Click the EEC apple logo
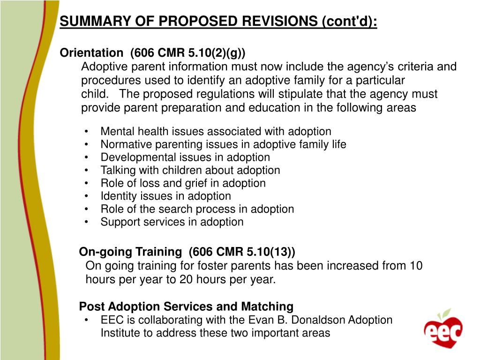(443, 328)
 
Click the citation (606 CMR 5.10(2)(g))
(187, 53)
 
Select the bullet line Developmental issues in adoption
(185, 157)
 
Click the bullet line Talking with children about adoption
(190, 170)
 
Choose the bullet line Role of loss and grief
(183, 183)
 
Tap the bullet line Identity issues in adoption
(165, 196)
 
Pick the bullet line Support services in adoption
(172, 222)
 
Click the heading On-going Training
(130, 252)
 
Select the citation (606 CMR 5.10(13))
(242, 252)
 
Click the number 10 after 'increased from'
(416, 266)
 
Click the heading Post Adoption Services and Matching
(186, 307)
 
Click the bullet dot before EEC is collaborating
(88, 320)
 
